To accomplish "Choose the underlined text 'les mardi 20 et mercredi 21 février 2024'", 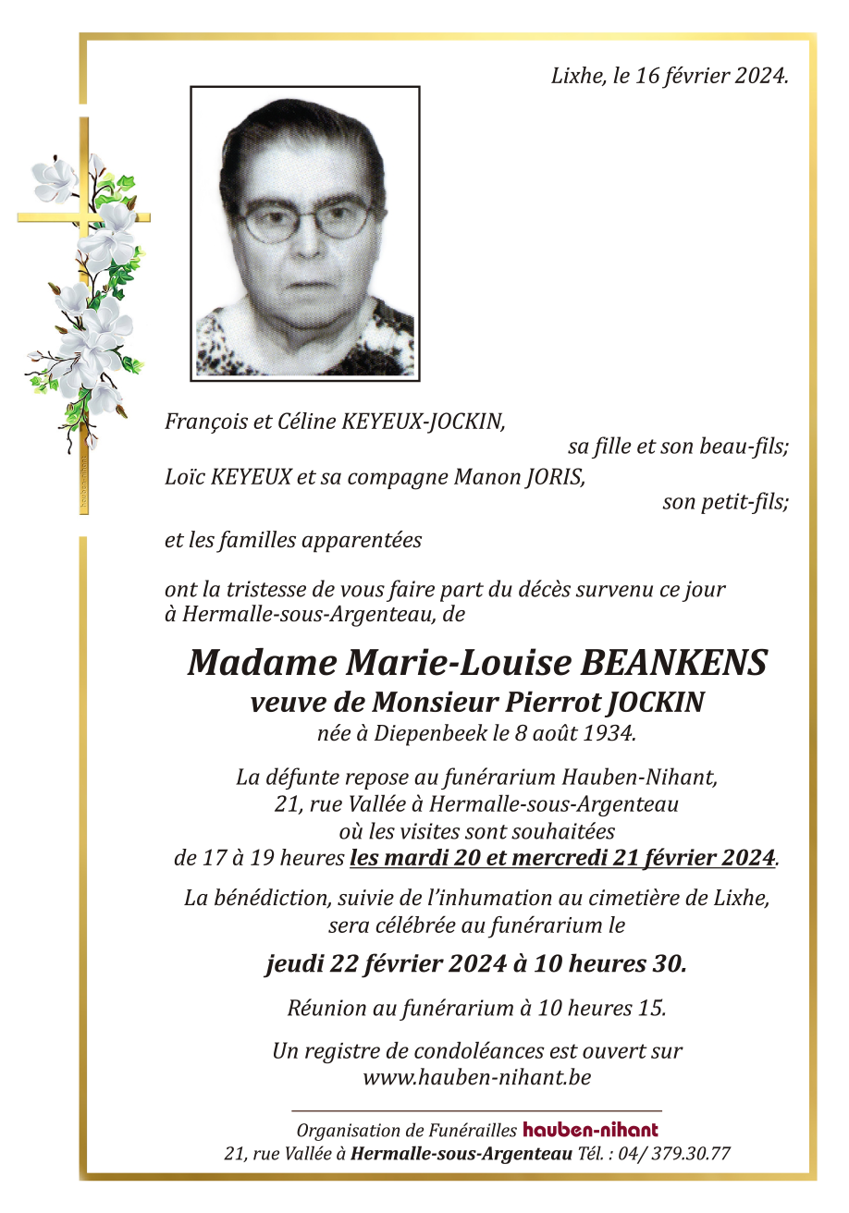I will coord(562,858).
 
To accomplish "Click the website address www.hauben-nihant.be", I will coord(477,1077).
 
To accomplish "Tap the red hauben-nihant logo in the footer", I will coord(590,1130).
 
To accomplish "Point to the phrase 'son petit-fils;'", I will coord(725,503).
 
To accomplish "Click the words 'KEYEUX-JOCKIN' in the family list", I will coord(424,423).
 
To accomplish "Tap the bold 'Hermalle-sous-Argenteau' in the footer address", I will coord(461,1154).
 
